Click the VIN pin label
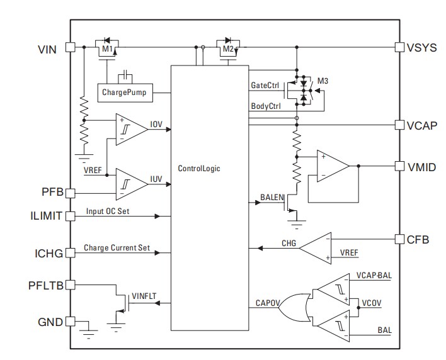coord(47,48)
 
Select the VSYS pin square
coord(399,47)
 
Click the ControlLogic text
coord(200,169)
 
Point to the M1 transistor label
coord(106,49)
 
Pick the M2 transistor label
coord(227,49)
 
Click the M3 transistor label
coord(323,81)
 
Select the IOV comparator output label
coord(156,124)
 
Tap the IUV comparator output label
coord(156,179)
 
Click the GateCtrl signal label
coord(265,84)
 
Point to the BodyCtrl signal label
coord(265,106)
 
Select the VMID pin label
coord(421,167)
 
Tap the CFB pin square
coord(399,239)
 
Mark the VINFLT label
coord(144,295)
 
